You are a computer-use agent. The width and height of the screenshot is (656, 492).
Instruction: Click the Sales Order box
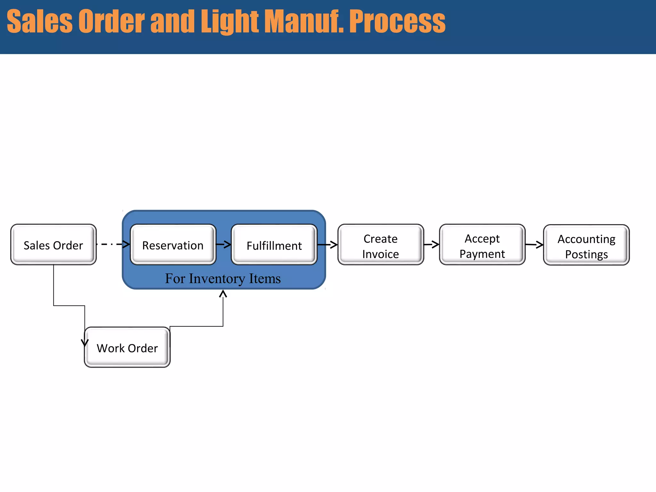[x=53, y=245]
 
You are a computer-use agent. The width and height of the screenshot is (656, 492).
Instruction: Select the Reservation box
[x=173, y=245]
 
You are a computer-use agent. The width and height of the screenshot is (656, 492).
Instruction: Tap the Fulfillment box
[x=274, y=245]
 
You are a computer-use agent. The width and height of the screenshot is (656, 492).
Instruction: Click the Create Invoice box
[x=381, y=245]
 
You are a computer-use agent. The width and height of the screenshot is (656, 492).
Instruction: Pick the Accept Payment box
[x=482, y=245]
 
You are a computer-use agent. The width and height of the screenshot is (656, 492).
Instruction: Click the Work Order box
[x=127, y=348]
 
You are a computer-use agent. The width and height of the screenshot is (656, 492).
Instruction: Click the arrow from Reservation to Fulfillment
[x=224, y=244]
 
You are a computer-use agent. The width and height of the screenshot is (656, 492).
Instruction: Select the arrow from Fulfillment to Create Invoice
[x=327, y=245]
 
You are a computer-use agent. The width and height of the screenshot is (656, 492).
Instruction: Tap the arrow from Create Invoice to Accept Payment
[x=431, y=244]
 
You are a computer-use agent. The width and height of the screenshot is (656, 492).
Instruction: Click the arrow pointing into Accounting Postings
[x=534, y=245]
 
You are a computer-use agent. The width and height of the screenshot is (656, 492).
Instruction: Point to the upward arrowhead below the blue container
[x=223, y=294]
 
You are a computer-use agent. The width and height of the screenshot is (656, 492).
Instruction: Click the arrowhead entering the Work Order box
[x=85, y=343]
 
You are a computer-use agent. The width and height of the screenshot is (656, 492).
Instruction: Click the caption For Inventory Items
[x=223, y=278]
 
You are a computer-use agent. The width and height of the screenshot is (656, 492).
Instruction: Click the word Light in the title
[x=229, y=21]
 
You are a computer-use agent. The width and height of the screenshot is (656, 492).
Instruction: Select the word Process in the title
[x=397, y=21]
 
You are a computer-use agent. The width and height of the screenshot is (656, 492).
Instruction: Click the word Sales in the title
[x=40, y=21]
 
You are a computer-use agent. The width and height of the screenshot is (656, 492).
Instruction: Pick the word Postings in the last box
[x=586, y=254]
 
